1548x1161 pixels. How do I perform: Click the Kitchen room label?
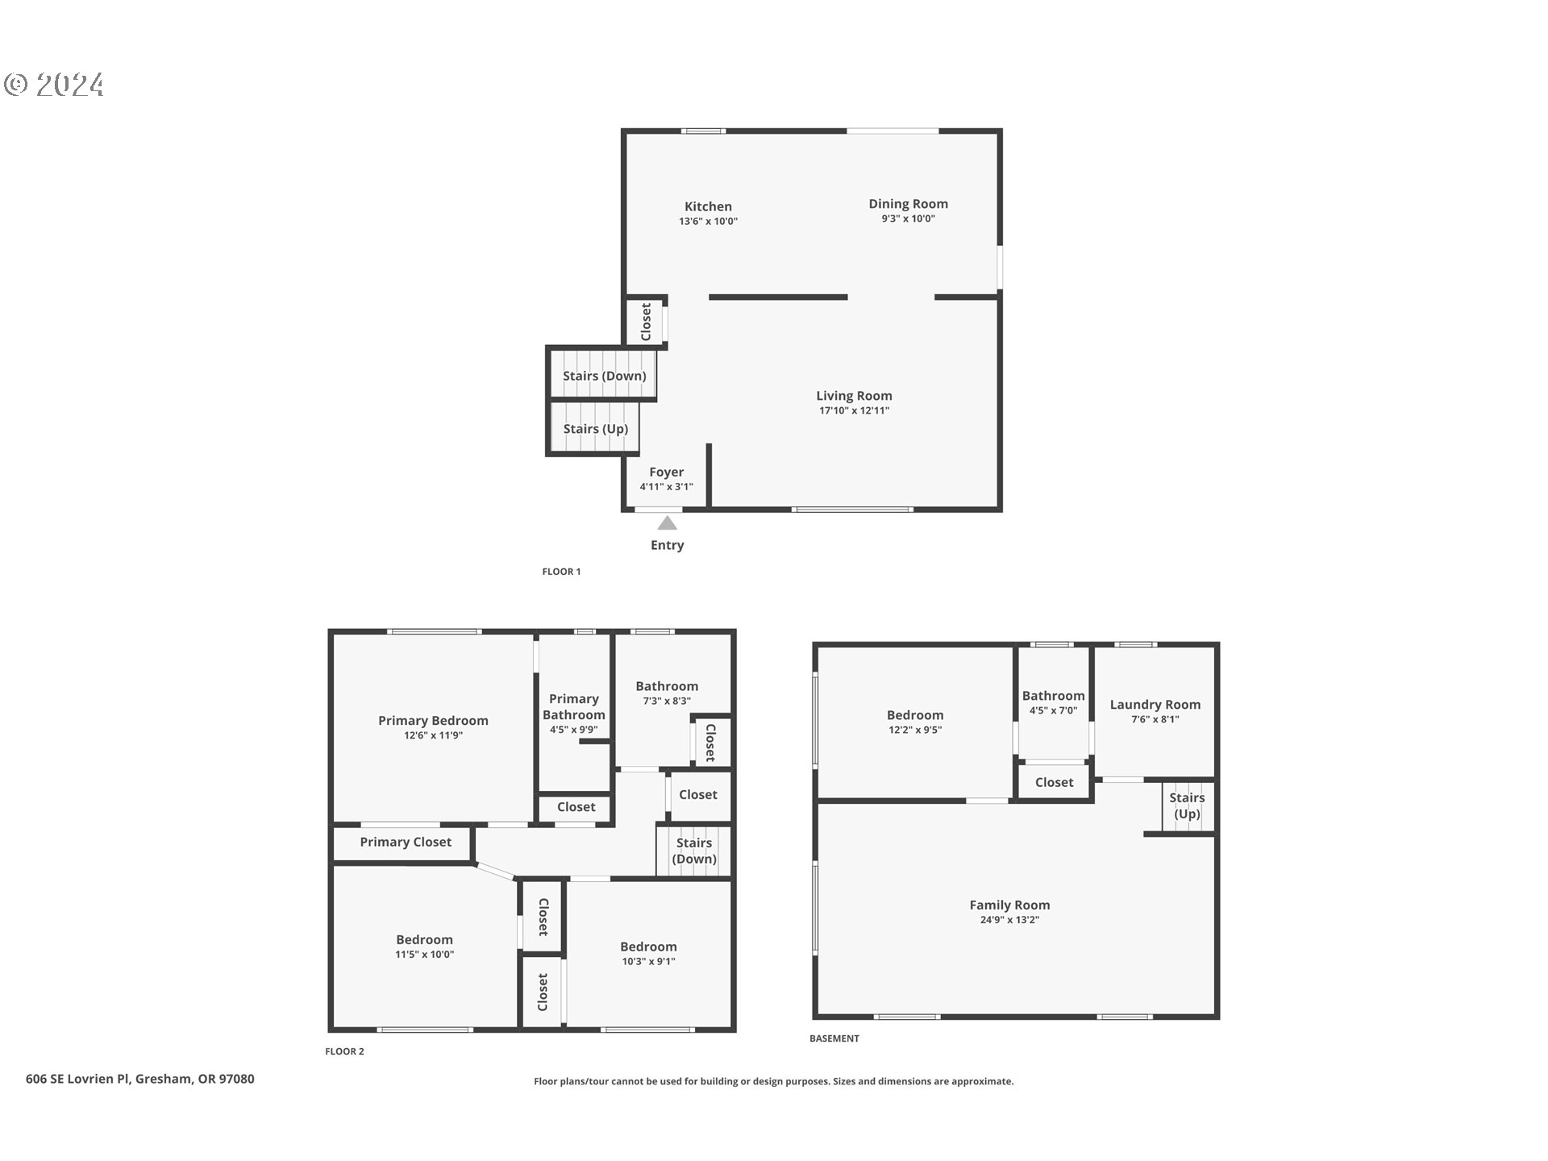coord(708,206)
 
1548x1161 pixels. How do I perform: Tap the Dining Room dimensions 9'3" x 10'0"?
coord(908,218)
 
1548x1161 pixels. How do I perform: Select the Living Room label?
coord(854,396)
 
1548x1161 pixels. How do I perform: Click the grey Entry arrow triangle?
coord(667,523)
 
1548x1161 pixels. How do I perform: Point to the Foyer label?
coord(666,472)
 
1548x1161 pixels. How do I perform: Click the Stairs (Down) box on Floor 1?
coord(604,376)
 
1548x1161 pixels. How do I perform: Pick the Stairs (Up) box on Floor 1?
coord(595,429)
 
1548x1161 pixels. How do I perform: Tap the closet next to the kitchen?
coord(646,322)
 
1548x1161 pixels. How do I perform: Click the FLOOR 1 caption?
coord(561,572)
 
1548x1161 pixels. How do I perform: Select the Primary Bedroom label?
coord(433,721)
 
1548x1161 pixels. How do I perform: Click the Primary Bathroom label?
coord(573,707)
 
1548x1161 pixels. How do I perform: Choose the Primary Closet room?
coord(405,842)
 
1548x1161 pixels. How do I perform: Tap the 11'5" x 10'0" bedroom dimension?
coord(424,955)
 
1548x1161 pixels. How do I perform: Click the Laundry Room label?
coord(1155,705)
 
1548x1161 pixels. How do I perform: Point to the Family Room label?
coord(1009,905)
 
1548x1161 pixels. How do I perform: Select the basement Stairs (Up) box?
coord(1187,805)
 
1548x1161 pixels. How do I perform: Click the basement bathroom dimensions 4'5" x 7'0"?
coord(1053,711)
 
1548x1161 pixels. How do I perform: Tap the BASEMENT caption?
coord(834,1038)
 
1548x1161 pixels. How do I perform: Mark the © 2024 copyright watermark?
coord(54,85)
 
